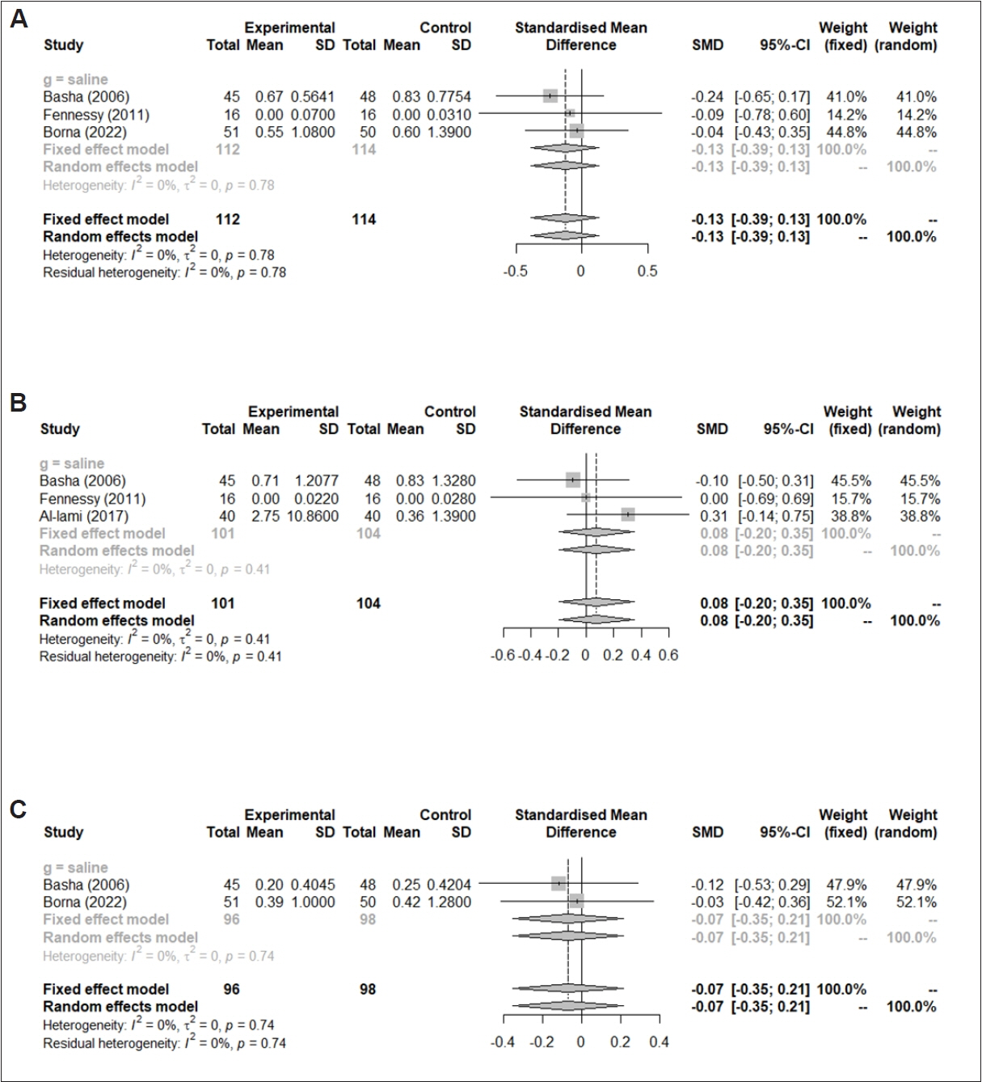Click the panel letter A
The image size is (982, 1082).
click(x=18, y=18)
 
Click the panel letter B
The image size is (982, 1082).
click(x=18, y=402)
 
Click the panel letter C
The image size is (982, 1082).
click(x=18, y=809)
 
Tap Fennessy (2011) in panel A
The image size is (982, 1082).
click(x=96, y=114)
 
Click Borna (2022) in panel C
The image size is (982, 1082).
click(x=85, y=902)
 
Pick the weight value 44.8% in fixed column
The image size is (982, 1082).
click(x=846, y=132)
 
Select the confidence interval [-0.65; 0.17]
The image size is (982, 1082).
click(x=772, y=96)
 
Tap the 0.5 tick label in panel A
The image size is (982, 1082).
click(x=647, y=272)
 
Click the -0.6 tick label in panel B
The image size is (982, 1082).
click(x=503, y=656)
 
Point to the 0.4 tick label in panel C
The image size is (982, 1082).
click(x=659, y=1042)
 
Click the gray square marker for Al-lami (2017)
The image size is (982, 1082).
click(x=628, y=514)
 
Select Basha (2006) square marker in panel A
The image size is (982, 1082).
click(x=550, y=95)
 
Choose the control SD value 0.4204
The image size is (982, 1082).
click(x=451, y=885)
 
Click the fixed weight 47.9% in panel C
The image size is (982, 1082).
click(x=846, y=885)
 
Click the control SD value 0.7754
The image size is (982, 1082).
click(x=451, y=96)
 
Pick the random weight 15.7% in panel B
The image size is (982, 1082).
click(x=920, y=498)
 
